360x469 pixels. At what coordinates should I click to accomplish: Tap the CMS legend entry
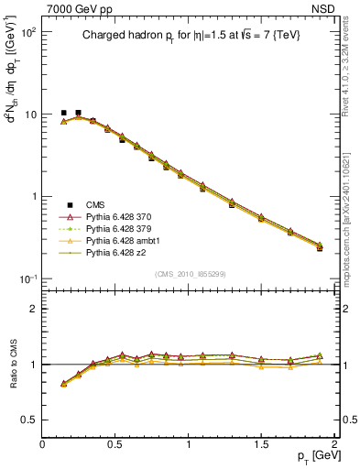pyautogui.click(x=96, y=203)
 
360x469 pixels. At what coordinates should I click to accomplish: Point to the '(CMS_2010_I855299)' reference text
pyautogui.click(x=190, y=274)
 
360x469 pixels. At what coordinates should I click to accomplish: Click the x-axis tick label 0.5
pyautogui.click(x=115, y=444)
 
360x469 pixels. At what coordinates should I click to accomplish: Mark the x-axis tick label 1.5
pyautogui.click(x=262, y=444)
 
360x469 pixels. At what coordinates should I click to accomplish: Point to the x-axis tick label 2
pyautogui.click(x=335, y=444)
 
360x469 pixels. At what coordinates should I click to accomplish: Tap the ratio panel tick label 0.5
pyautogui.click(x=30, y=420)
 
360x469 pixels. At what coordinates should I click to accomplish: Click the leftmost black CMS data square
pyautogui.click(x=63, y=113)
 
